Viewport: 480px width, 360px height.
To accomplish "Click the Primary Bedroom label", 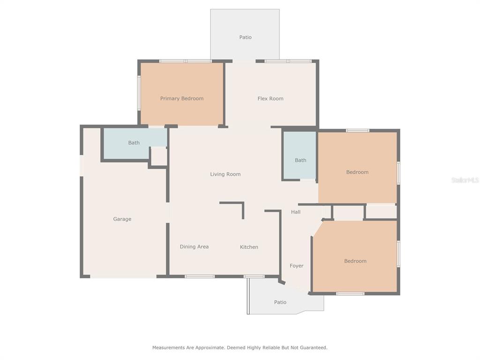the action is pyautogui.click(x=182, y=98).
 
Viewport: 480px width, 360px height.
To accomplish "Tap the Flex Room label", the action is pyautogui.click(x=270, y=98).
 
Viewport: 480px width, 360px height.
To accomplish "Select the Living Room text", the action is pyautogui.click(x=225, y=174).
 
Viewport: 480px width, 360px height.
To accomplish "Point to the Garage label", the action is pyautogui.click(x=122, y=219).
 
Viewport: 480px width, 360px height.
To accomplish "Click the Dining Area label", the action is pyautogui.click(x=194, y=247).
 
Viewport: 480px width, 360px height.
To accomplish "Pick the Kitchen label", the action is pyautogui.click(x=249, y=247).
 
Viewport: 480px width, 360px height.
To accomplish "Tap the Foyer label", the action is pyautogui.click(x=296, y=266).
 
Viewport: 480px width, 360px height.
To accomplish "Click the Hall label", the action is pyautogui.click(x=296, y=212).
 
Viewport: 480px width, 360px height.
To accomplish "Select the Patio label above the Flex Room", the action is pyautogui.click(x=245, y=37).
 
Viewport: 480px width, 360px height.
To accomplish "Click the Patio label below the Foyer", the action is pyautogui.click(x=280, y=302).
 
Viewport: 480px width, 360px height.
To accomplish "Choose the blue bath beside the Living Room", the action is pyautogui.click(x=300, y=155).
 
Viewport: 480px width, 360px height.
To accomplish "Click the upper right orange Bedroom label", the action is pyautogui.click(x=357, y=172).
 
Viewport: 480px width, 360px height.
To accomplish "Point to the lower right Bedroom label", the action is pyautogui.click(x=355, y=261).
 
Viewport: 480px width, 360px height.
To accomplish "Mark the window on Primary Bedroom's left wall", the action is pyautogui.click(x=139, y=93).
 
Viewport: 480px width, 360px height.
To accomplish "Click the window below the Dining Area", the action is pyautogui.click(x=200, y=277).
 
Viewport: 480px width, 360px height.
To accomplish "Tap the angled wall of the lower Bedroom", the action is pyautogui.click(x=317, y=228).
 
